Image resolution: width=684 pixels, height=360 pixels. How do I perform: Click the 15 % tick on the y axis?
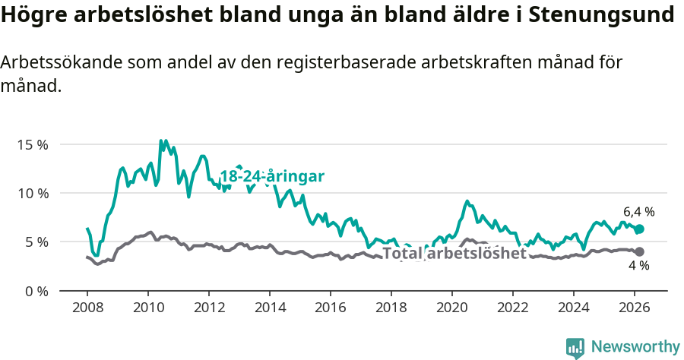33,144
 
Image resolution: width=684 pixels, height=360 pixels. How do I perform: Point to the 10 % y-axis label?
33,193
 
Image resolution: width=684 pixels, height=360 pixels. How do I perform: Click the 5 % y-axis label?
36,242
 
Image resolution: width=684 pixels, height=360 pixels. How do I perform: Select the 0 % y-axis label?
36,291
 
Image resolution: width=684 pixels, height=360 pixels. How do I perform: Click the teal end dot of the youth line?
639,229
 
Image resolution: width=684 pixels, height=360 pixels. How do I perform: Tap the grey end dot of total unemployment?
639,251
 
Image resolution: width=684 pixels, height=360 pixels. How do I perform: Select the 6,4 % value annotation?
638,212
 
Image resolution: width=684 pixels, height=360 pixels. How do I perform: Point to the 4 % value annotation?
638,266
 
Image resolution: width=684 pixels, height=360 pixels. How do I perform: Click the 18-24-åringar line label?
272,176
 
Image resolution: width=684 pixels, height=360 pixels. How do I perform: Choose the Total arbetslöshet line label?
454,253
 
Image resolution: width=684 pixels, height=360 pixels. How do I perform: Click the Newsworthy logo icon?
575,347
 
